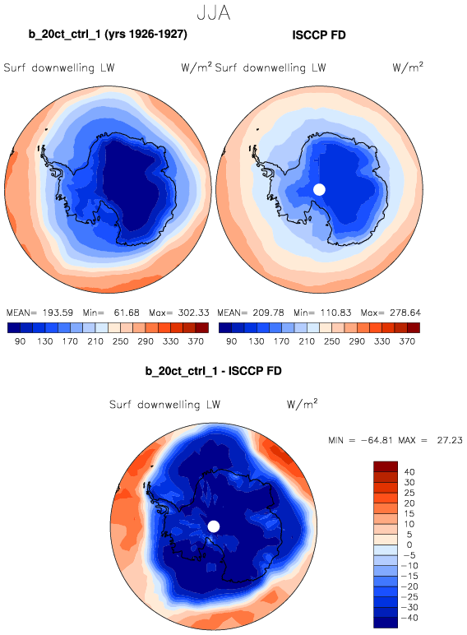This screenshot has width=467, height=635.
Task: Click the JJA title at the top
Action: pyautogui.click(x=213, y=13)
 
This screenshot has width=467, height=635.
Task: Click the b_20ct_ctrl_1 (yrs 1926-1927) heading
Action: pyautogui.click(x=108, y=35)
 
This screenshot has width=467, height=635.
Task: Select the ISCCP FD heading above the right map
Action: pyautogui.click(x=319, y=35)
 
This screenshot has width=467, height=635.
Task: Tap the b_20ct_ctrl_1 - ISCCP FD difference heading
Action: pyautogui.click(x=213, y=371)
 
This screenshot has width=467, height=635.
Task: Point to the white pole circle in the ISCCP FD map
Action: pyautogui.click(x=319, y=189)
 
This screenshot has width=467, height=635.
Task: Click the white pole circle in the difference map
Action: pyautogui.click(x=214, y=526)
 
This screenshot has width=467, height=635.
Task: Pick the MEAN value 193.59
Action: pyautogui.click(x=58, y=313)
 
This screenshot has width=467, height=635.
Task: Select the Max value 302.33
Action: pyautogui.click(x=193, y=313)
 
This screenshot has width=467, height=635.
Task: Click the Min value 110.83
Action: pyautogui.click(x=335, y=313)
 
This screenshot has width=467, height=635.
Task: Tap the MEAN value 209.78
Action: pyautogui.click(x=269, y=313)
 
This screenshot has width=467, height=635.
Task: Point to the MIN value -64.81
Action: pyautogui.click(x=377, y=440)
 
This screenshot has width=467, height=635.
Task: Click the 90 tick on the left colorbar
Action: pyautogui.click(x=20, y=341)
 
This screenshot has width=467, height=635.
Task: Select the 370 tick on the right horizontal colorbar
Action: pyautogui.click(x=407, y=341)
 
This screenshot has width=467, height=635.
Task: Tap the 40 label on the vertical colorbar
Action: pyautogui.click(x=409, y=472)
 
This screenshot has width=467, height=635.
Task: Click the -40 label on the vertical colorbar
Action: pyautogui.click(x=409, y=618)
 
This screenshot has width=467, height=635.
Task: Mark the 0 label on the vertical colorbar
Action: pyautogui.click(x=409, y=545)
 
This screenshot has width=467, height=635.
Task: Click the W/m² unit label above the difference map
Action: pyautogui.click(x=302, y=404)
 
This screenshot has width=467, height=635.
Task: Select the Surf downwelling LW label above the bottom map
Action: pyautogui.click(x=164, y=405)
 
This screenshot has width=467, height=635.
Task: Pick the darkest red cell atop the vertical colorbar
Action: pyautogui.click(x=386, y=466)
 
